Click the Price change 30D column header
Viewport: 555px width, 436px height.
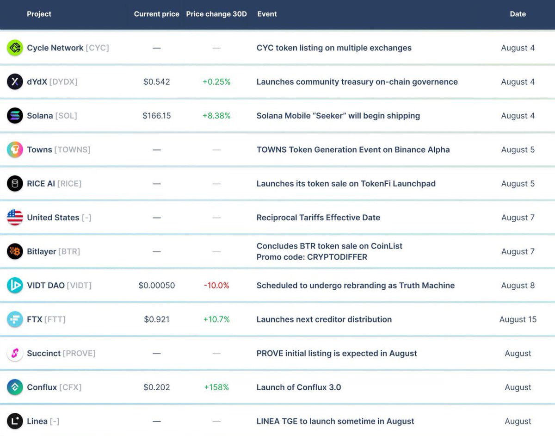[x=216, y=14]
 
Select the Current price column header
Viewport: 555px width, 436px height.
[x=156, y=14]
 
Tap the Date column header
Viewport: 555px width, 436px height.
[x=518, y=14]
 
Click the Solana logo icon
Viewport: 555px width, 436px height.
[x=15, y=116]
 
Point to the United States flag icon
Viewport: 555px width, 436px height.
[x=15, y=218]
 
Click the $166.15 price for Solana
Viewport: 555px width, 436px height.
[x=156, y=116]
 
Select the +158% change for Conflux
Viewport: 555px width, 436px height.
[x=216, y=387]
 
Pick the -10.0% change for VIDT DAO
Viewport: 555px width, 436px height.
[x=216, y=286]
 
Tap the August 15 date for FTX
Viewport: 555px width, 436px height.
[x=518, y=319]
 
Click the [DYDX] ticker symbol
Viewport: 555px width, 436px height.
[x=63, y=82]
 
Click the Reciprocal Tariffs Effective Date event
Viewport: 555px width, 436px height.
[x=318, y=218]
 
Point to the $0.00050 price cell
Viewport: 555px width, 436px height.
[x=156, y=286]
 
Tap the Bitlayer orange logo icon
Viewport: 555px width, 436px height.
[x=15, y=251]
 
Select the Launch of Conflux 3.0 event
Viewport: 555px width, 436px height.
[x=299, y=387]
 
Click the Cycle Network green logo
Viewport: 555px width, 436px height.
[x=15, y=48]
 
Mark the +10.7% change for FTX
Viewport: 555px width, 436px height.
[x=216, y=319]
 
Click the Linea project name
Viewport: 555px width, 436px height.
[x=37, y=421]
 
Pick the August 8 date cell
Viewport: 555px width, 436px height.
[x=518, y=286]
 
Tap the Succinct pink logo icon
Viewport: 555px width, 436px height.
[x=15, y=354]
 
